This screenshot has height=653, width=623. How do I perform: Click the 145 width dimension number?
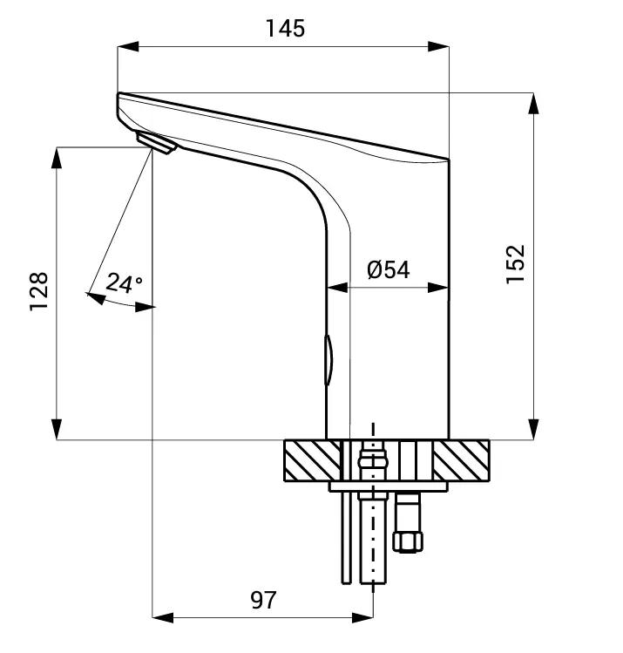(x=285, y=28)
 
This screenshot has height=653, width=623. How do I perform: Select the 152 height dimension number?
(x=516, y=264)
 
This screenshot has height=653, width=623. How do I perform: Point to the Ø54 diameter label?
(x=388, y=269)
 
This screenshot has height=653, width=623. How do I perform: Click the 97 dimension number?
(x=263, y=600)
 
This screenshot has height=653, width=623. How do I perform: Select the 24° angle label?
(x=124, y=283)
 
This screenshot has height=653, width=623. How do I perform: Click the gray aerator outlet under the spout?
(x=156, y=143)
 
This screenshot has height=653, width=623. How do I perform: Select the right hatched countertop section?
(x=463, y=459)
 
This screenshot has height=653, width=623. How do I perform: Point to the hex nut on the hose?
(x=408, y=541)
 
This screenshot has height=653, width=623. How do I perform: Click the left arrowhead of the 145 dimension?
(x=127, y=47)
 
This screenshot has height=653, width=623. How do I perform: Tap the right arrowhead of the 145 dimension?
(x=438, y=47)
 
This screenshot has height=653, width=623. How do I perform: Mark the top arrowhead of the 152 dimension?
(x=533, y=101)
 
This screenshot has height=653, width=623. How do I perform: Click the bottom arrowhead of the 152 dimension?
(x=533, y=430)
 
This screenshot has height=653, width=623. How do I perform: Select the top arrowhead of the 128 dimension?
(x=58, y=158)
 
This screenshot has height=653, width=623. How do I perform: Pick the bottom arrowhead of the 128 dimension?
(x=58, y=430)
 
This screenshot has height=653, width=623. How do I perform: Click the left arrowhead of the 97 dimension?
(x=163, y=618)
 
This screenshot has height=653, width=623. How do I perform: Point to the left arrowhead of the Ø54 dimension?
(x=336, y=287)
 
